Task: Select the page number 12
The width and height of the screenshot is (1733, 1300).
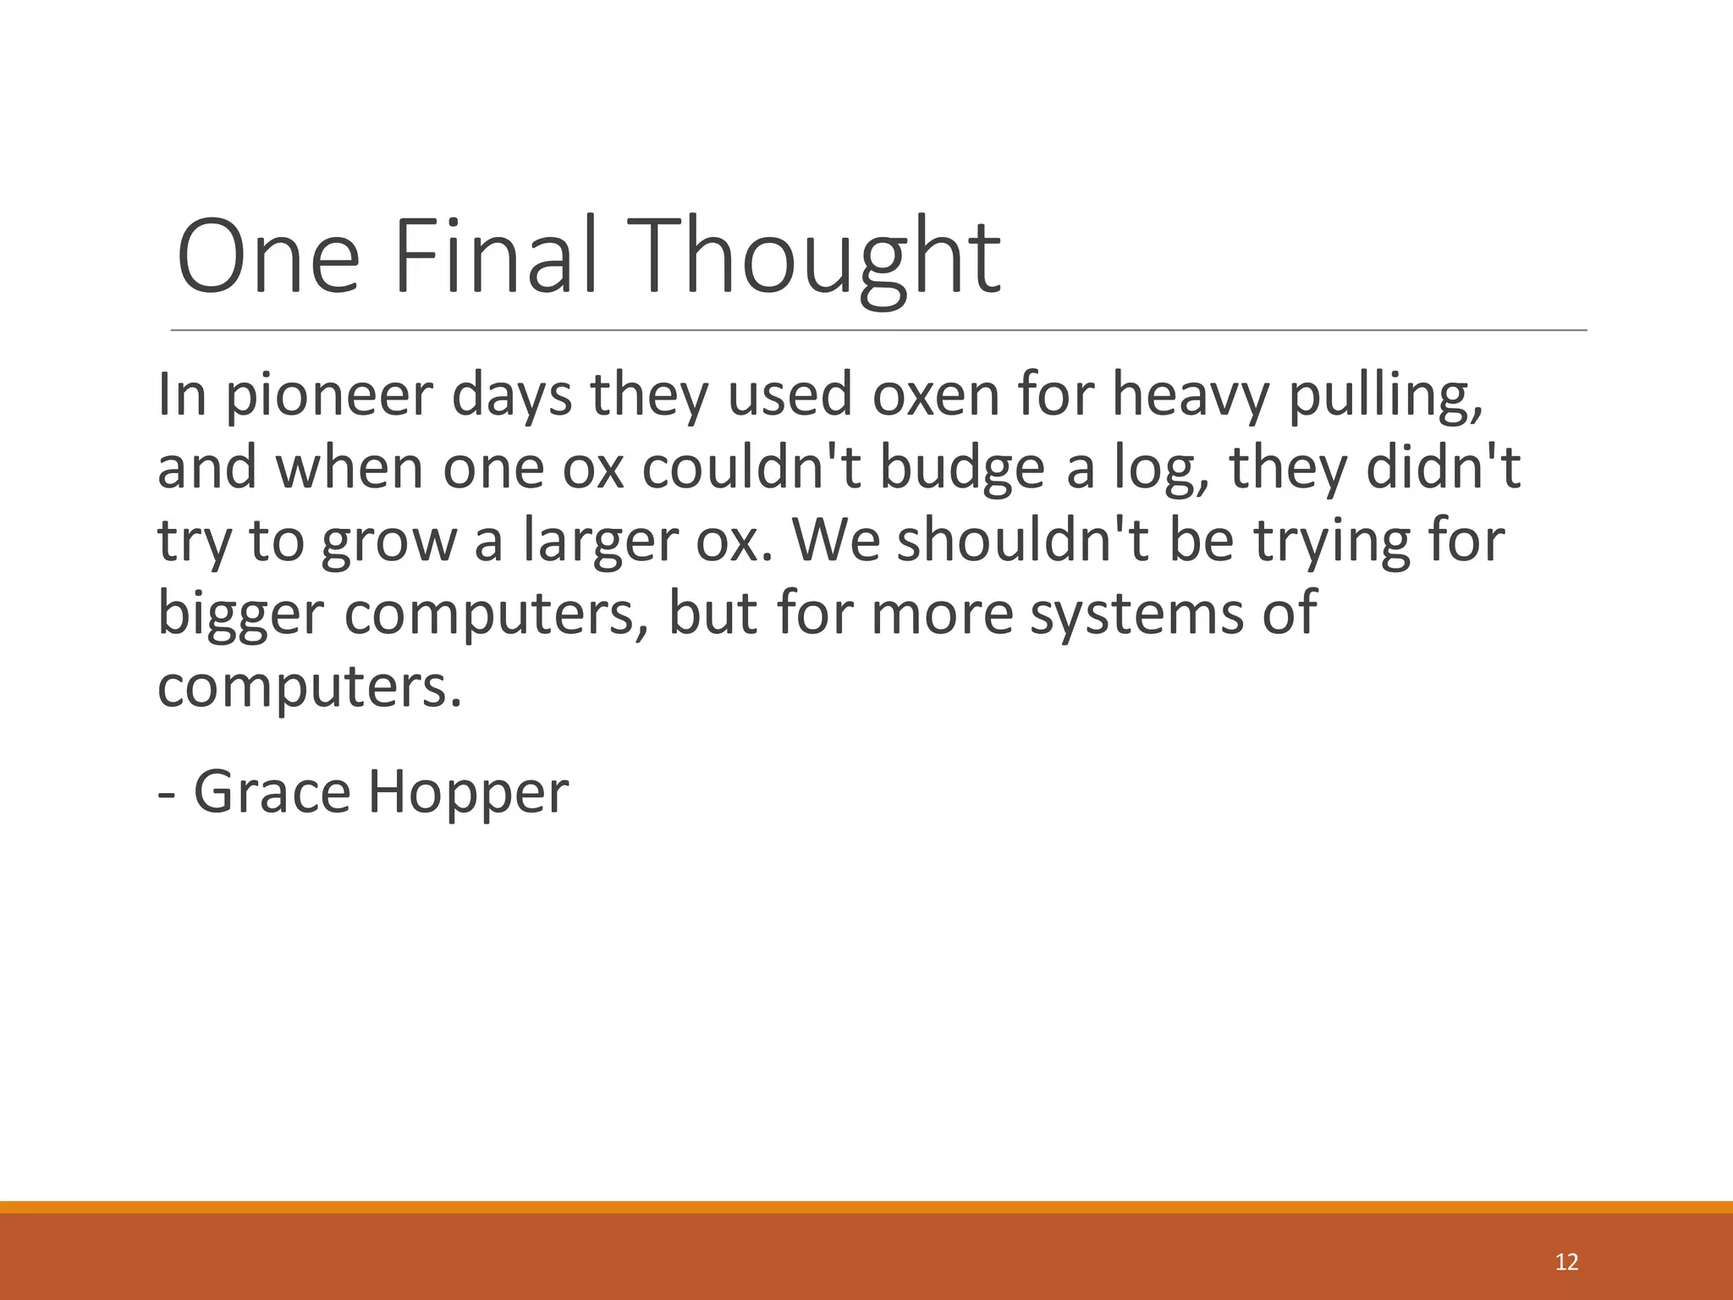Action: pyautogui.click(x=1566, y=1262)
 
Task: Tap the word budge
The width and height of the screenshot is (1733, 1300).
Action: pyautogui.click(x=962, y=468)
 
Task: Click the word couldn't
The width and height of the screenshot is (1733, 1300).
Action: pyautogui.click(x=751, y=468)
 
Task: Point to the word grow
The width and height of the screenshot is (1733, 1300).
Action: pyautogui.click(x=388, y=542)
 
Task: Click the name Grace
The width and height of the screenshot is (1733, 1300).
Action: pyautogui.click(x=272, y=792)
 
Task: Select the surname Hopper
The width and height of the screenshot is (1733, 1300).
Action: pyautogui.click(x=468, y=792)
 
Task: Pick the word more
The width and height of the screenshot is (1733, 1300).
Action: pyautogui.click(x=942, y=614)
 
